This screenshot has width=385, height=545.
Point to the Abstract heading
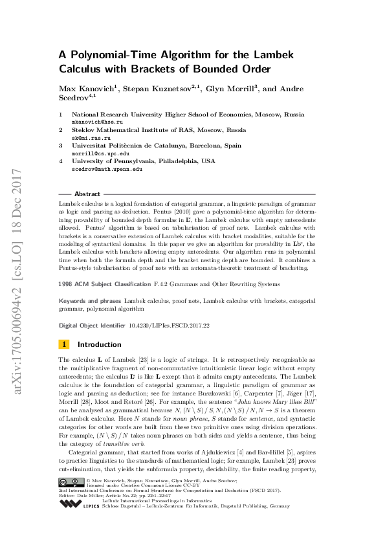point(87,194)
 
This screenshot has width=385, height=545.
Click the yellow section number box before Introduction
point(64,344)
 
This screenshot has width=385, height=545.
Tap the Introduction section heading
point(99,344)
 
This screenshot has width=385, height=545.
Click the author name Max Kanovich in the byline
point(83,89)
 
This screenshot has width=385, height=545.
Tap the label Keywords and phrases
point(90,302)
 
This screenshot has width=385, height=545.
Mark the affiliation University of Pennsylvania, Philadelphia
point(144,162)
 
